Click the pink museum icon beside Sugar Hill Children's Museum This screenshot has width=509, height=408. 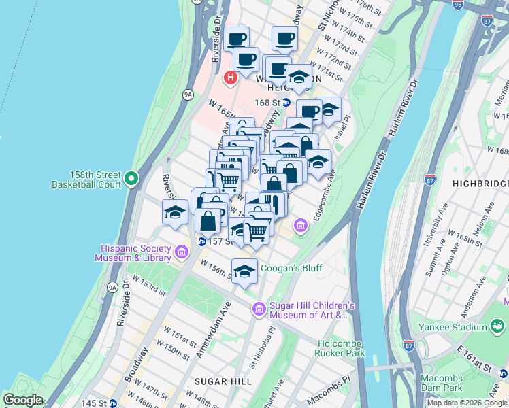[x=259, y=310]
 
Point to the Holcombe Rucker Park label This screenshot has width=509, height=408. [x=340, y=347]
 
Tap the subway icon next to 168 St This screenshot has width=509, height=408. [x=287, y=103]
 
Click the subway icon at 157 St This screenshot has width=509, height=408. [x=202, y=241]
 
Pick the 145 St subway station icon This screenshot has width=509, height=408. [x=112, y=403]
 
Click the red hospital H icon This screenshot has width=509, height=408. [x=230, y=78]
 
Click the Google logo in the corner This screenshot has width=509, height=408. [x=22, y=400]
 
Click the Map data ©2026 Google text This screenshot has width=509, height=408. [x=466, y=403]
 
